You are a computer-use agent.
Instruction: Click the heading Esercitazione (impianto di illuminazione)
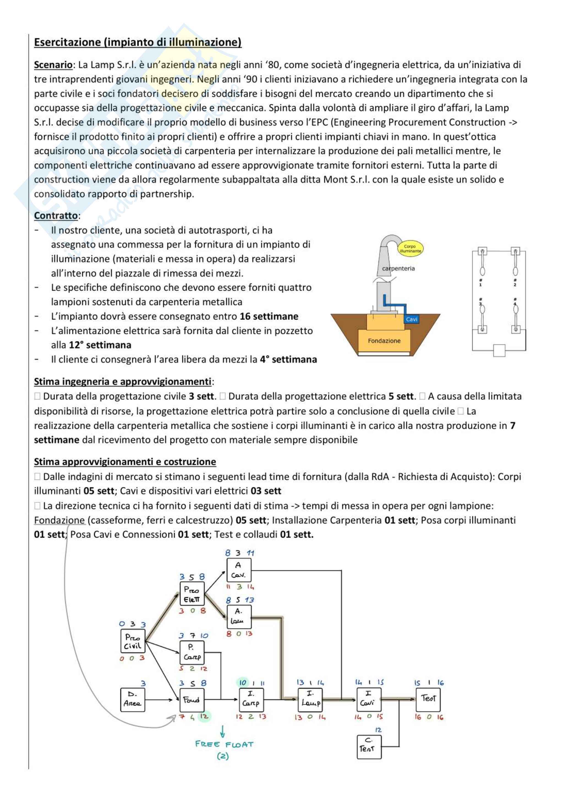[137, 42]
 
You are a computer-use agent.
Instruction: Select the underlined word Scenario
[53, 65]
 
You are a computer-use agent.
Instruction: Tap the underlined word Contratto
[56, 216]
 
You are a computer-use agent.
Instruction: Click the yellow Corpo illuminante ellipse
[410, 249]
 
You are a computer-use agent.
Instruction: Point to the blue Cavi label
[411, 319]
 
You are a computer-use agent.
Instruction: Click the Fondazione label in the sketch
[384, 341]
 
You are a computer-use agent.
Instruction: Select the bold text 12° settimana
[100, 345]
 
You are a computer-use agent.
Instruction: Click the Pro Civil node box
[133, 642]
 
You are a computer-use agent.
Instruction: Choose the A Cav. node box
[239, 570]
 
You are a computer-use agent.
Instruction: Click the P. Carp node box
[192, 652]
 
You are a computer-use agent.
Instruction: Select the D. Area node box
[133, 699]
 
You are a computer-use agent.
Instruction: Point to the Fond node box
[192, 699]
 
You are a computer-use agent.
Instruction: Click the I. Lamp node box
[310, 699]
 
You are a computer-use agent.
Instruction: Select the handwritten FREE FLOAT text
[224, 744]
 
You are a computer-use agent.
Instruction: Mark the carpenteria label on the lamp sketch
[398, 268]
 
